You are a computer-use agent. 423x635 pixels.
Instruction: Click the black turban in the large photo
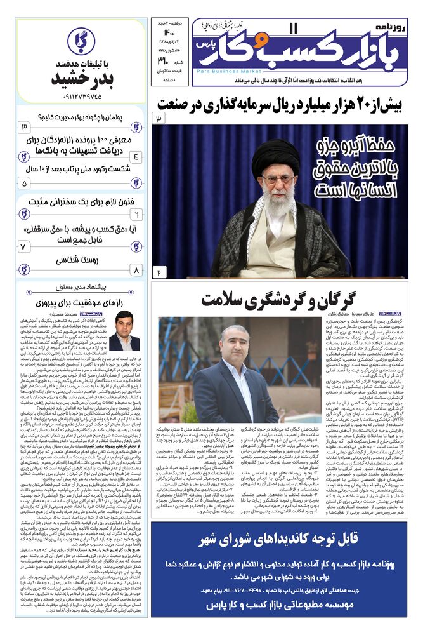pyautogui.click(x=275, y=154)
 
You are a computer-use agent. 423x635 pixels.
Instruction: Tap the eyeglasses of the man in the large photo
pyautogui.click(x=277, y=180)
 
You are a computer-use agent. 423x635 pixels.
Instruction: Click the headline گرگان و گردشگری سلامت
pyautogui.click(x=279, y=300)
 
